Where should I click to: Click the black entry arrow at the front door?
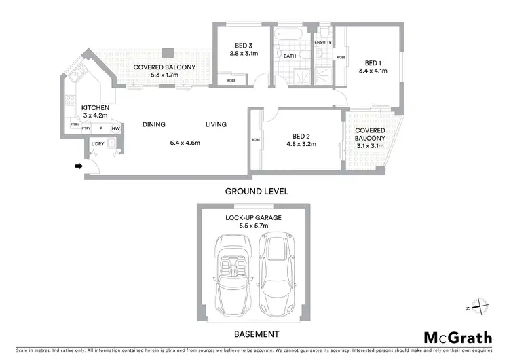coord(79,166)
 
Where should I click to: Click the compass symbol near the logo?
coord(478,307)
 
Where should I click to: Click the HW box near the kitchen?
coord(115,128)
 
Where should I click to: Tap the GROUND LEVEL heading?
coord(257,192)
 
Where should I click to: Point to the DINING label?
coord(154,124)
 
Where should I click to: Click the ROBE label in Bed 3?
coord(231,80)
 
